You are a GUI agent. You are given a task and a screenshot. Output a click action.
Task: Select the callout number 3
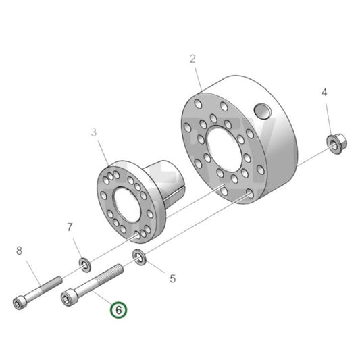click(x=95, y=134)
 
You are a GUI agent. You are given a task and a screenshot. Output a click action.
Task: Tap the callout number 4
click(x=324, y=92)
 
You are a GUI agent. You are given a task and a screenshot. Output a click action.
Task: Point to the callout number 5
click(x=172, y=278)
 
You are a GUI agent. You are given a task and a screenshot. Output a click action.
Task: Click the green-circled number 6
click(x=118, y=310)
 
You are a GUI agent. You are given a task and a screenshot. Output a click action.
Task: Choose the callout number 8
click(x=19, y=251)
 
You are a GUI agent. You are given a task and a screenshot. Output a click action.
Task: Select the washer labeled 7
click(x=84, y=261)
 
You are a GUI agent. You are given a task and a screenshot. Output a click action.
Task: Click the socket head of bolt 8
click(x=20, y=302)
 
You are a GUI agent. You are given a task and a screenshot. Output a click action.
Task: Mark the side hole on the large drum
click(x=261, y=111)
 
